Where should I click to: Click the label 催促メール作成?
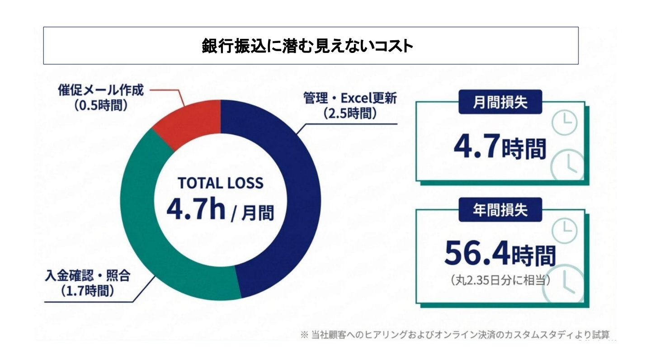pyautogui.click(x=100, y=90)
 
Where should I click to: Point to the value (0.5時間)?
pyautogui.click(x=100, y=105)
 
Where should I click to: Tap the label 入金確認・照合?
pyautogui.click(x=87, y=275)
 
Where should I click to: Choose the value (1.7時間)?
pyautogui.click(x=87, y=290)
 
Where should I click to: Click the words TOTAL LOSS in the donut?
pyautogui.click(x=220, y=183)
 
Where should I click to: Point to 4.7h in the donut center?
pyautogui.click(x=195, y=209)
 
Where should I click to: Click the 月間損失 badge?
pyautogui.click(x=500, y=103)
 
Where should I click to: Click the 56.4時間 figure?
pyautogui.click(x=500, y=254)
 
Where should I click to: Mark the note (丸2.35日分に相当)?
pyautogui.click(x=500, y=280)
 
